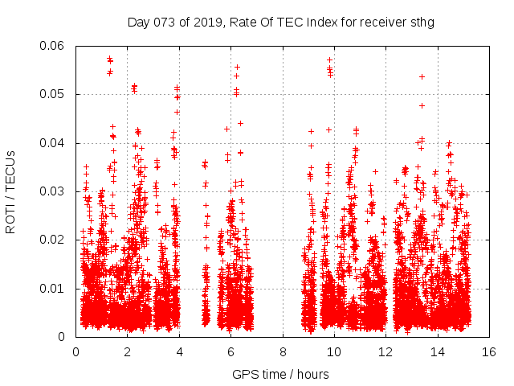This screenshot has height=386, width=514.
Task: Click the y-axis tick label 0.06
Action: pyautogui.click(x=52, y=46)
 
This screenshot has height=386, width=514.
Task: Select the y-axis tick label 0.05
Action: pyautogui.click(x=52, y=95)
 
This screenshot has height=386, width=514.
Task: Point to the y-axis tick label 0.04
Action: pyautogui.click(x=52, y=143)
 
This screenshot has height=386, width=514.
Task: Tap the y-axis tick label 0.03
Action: pyautogui.click(x=52, y=191)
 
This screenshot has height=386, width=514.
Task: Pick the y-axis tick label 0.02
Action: pyautogui.click(x=52, y=240)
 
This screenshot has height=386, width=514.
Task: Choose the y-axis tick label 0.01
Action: pyautogui.click(x=52, y=289)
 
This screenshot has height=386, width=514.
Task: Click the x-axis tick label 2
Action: pyautogui.click(x=127, y=351)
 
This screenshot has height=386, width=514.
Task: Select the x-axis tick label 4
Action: pyautogui.click(x=179, y=351)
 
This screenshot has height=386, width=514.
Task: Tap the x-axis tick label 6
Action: pyautogui.click(x=230, y=351)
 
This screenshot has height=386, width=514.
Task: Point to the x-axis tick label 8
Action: pyautogui.click(x=283, y=351)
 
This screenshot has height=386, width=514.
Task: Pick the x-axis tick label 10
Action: pyautogui.click(x=334, y=351)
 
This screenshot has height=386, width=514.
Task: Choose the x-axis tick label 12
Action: pyautogui.click(x=385, y=351)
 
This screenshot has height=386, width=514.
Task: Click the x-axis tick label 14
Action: pyautogui.click(x=438, y=351)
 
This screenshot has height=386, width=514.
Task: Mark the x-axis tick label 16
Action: pyautogui.click(x=489, y=351)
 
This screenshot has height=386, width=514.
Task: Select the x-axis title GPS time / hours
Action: pyautogui.click(x=282, y=374)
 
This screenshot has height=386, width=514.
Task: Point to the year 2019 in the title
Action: pyautogui.click(x=205, y=22)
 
